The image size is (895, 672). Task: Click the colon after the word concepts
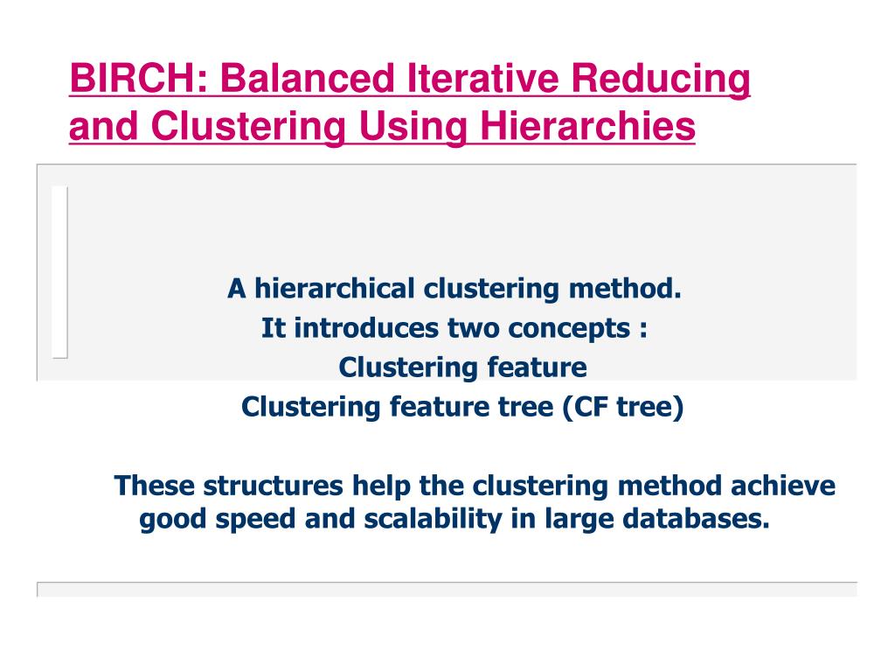[642, 330]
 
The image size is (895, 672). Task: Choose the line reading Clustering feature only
[462, 367]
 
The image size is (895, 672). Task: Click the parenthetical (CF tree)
[622, 407]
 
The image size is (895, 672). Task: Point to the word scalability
[428, 520]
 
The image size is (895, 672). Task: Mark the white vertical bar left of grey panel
[59, 271]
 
